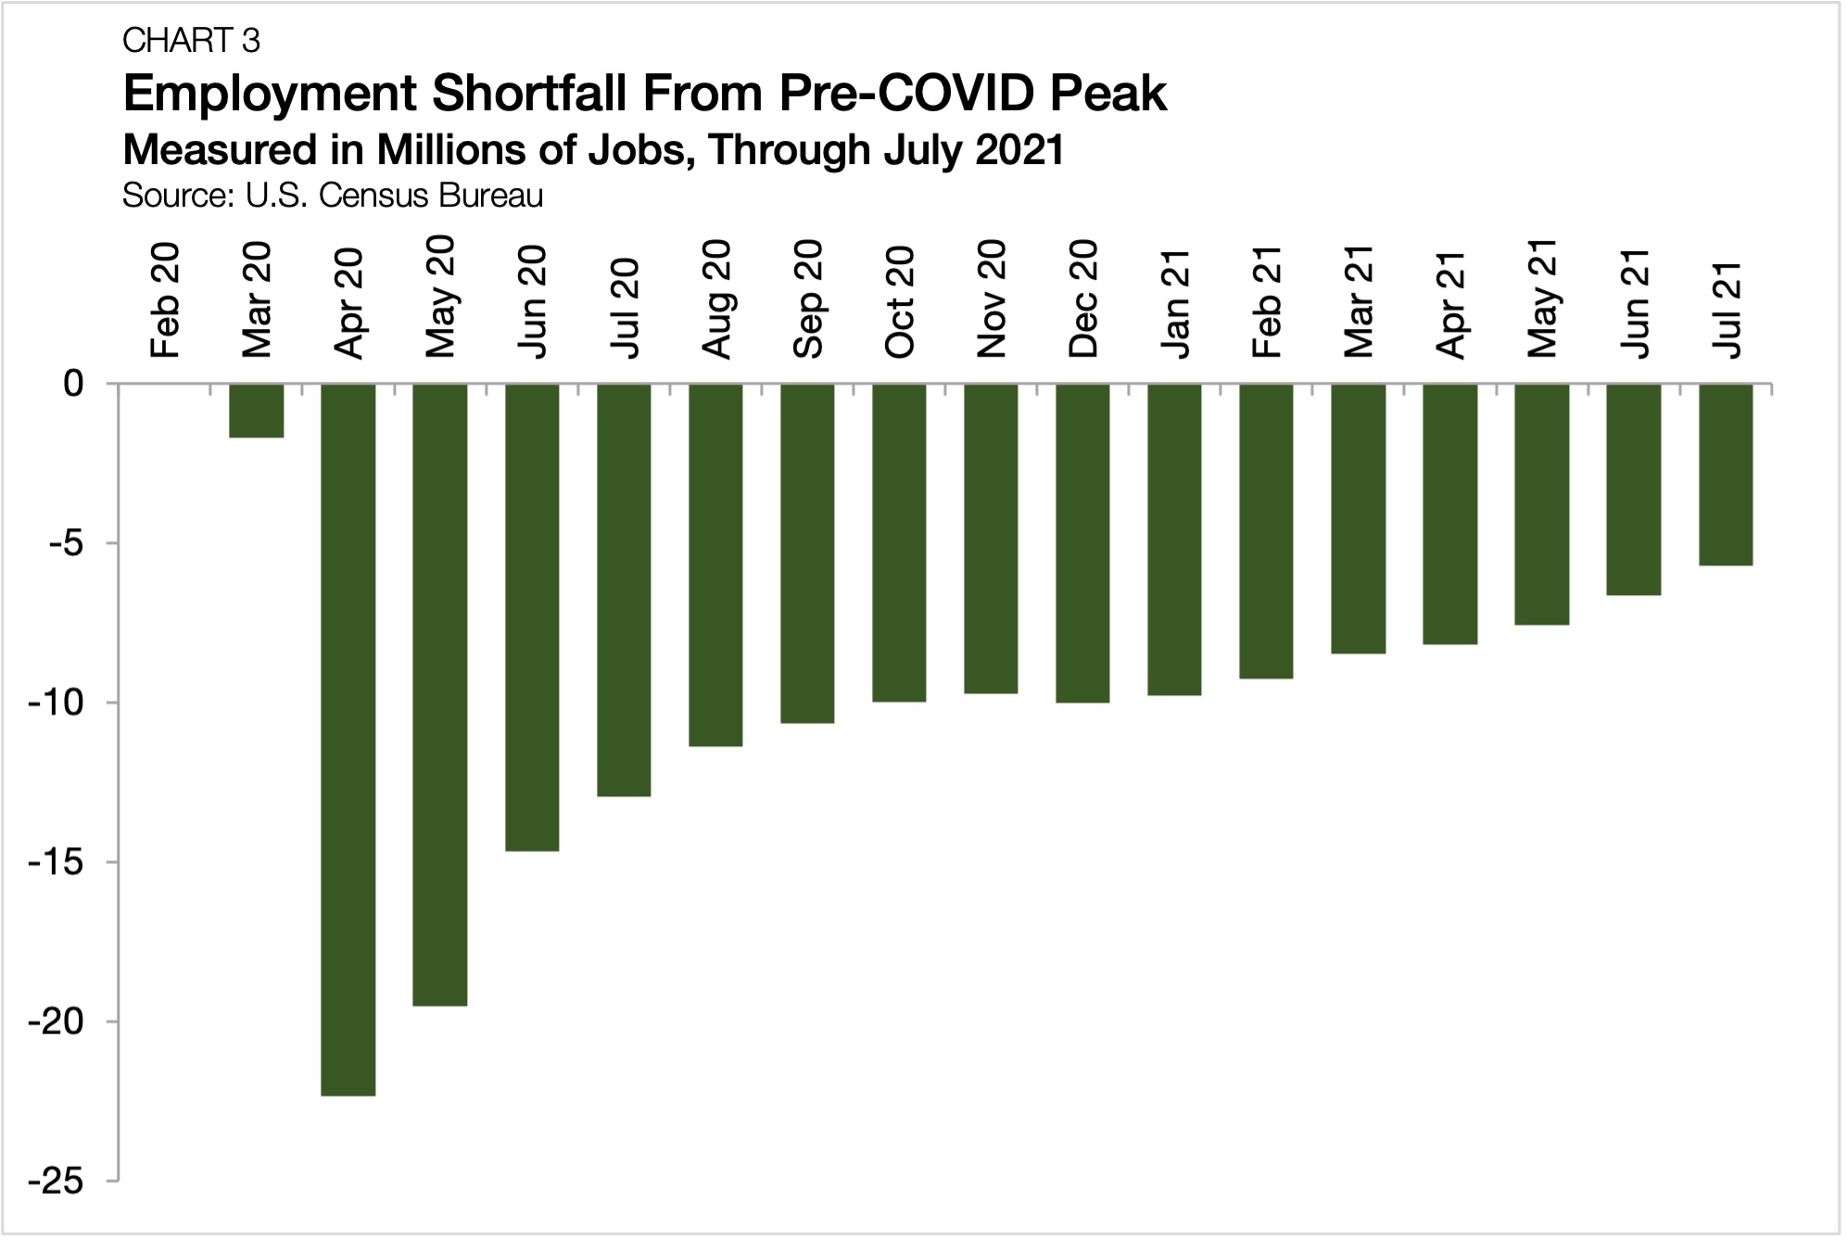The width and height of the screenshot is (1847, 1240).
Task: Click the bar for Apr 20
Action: [348, 739]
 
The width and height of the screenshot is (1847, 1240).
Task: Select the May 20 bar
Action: [440, 694]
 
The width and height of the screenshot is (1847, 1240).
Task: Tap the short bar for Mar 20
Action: [257, 411]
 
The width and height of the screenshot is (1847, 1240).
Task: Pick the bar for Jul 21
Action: [1726, 474]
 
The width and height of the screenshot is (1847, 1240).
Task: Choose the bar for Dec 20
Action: [1082, 543]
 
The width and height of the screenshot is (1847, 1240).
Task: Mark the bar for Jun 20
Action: [532, 617]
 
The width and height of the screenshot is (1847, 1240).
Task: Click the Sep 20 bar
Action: [807, 553]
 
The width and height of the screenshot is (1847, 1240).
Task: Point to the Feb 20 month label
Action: [165, 302]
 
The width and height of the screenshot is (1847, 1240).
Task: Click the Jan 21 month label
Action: [1175, 302]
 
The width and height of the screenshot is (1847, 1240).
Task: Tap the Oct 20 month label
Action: [900, 302]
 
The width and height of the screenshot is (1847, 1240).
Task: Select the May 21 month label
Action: [1543, 298]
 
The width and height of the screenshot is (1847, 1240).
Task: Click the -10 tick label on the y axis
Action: [56, 702]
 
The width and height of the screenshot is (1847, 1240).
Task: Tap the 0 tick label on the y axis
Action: [72, 384]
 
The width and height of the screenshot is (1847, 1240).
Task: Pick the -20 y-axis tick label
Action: [56, 1022]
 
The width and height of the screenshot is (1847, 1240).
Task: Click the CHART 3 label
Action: [191, 41]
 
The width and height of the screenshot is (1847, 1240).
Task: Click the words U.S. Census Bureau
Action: [394, 196]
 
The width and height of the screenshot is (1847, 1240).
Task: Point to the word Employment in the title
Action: [269, 94]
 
